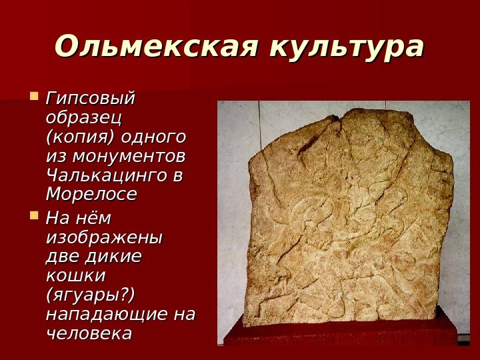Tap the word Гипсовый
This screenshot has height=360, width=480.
pyautogui.click(x=89, y=99)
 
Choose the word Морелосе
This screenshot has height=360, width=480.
pyautogui.click(x=91, y=195)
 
